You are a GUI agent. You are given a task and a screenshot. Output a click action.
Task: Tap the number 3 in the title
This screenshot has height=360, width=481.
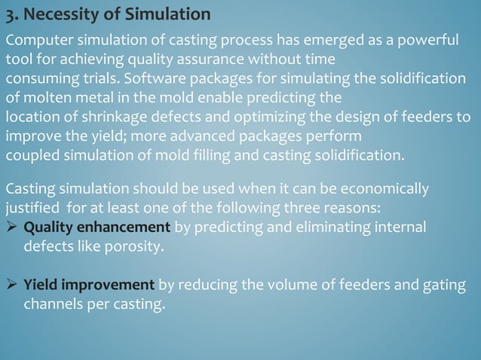10,14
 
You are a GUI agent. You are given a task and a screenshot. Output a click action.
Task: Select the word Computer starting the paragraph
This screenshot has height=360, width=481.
38,41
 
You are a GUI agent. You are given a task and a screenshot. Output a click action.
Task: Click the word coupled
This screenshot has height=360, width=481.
30,157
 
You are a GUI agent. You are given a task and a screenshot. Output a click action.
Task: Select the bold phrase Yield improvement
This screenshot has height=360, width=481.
90,284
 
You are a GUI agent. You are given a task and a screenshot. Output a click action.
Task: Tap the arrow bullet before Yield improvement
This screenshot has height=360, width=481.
12,284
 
